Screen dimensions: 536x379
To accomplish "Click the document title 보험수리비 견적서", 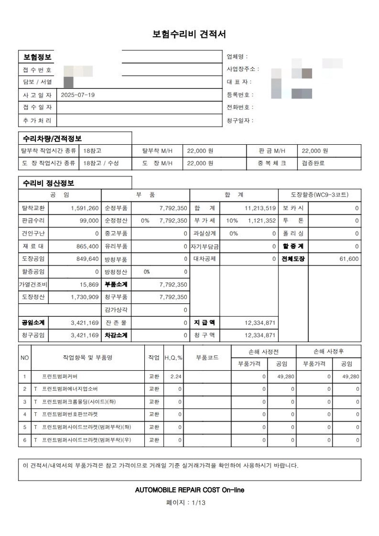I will (x=189, y=34).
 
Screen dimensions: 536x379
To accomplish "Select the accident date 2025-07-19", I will (x=78, y=95).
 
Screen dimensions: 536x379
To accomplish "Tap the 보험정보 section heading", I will (x=37, y=57).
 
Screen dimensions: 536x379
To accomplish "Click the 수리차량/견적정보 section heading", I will (x=52, y=138).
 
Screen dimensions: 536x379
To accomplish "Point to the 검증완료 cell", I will (x=313, y=163).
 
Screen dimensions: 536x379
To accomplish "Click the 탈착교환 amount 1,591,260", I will (x=84, y=208).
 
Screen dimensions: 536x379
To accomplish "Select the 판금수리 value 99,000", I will (x=89, y=221).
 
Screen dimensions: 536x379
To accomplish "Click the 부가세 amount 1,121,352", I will (x=260, y=221).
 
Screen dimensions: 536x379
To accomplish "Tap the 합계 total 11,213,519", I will (x=260, y=208).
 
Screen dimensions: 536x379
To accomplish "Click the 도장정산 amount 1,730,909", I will (x=84, y=297).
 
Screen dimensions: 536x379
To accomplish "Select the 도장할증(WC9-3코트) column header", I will (x=320, y=195).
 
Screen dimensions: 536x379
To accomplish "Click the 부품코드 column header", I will (x=207, y=358).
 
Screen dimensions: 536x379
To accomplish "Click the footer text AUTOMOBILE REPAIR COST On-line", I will (x=189, y=490).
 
